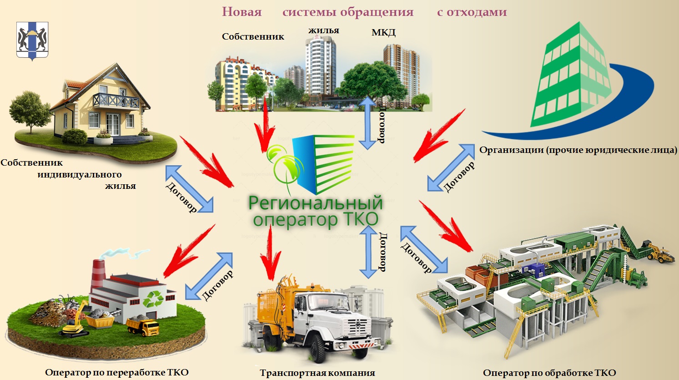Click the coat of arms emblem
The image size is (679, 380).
[32, 41]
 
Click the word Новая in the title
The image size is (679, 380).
[241, 12]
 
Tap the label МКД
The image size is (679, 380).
[383, 33]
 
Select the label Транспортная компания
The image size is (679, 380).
[317, 373]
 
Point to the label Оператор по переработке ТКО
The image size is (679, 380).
[116, 372]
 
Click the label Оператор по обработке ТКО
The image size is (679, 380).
[549, 373]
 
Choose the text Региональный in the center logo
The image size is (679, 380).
[316, 203]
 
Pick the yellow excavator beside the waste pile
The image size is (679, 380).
[73, 321]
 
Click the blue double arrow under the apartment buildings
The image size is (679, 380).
[367, 123]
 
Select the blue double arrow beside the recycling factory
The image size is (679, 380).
[209, 276]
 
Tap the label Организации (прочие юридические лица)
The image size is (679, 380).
[578, 150]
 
